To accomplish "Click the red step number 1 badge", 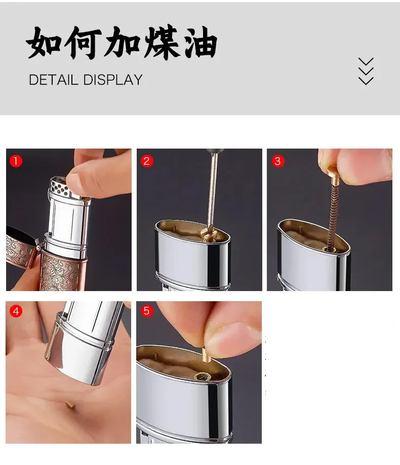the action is tap(16, 161).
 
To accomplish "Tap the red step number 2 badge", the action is tap(146, 161).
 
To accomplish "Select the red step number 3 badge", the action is tap(277, 161).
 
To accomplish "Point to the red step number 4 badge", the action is tap(16, 311).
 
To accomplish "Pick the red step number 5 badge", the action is tap(146, 311).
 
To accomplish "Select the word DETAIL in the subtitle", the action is tap(53, 80).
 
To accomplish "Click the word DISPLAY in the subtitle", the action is tap(113, 80).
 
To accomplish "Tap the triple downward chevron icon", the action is tap(366, 71).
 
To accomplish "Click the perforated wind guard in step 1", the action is tap(60, 186).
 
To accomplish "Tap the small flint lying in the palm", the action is tap(70, 405).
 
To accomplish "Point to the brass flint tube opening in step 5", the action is tap(202, 377).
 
